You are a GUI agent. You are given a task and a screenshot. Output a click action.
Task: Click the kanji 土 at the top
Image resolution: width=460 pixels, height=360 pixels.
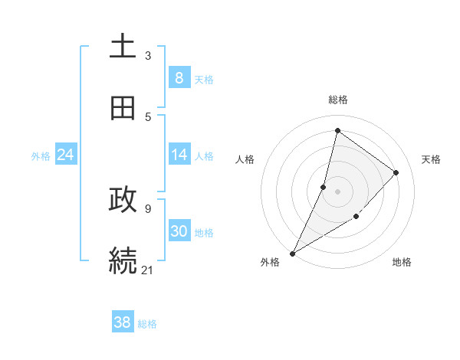pyautogui.click(x=123, y=47)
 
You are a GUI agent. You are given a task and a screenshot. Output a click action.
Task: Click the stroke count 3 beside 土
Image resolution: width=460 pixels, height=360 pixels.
pyautogui.click(x=148, y=55)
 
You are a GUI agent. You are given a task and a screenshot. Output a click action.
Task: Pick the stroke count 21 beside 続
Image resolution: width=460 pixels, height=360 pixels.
pyautogui.click(x=148, y=269)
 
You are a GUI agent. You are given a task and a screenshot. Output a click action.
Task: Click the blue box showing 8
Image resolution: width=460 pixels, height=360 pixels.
pyautogui.click(x=179, y=77)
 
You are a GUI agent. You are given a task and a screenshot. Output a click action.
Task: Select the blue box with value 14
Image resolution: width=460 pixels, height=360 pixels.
pyautogui.click(x=179, y=155)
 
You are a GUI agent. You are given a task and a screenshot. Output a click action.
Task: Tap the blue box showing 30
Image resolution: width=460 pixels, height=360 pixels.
pyautogui.click(x=179, y=231)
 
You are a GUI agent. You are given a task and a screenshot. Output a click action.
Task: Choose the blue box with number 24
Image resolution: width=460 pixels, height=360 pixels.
pyautogui.click(x=65, y=155)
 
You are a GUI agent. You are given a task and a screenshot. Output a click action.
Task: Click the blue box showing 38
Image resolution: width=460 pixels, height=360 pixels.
pyautogui.click(x=123, y=322)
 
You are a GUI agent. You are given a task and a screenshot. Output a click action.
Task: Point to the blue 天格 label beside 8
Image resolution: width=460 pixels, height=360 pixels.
pyautogui.click(x=204, y=79)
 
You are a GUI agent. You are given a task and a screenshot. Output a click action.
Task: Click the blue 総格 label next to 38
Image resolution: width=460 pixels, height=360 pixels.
pyautogui.click(x=147, y=324)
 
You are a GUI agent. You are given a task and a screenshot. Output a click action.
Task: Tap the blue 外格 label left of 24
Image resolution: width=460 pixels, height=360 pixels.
pyautogui.click(x=41, y=156)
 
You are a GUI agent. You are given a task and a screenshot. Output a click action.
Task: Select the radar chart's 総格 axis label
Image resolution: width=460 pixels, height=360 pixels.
pyautogui.click(x=338, y=100)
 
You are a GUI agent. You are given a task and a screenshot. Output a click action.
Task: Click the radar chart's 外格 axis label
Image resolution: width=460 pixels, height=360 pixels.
pyautogui.click(x=269, y=262)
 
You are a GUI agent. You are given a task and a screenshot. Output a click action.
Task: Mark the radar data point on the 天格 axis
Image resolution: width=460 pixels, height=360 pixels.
pyautogui.click(x=396, y=172)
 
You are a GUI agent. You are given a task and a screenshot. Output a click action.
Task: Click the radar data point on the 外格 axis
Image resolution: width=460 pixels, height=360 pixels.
pyautogui.click(x=292, y=254)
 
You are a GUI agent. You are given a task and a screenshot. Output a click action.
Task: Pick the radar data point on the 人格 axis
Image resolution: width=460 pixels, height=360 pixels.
pyautogui.click(x=324, y=187)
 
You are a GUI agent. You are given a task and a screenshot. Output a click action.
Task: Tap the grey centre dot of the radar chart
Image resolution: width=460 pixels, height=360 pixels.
pyautogui.click(x=337, y=191)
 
